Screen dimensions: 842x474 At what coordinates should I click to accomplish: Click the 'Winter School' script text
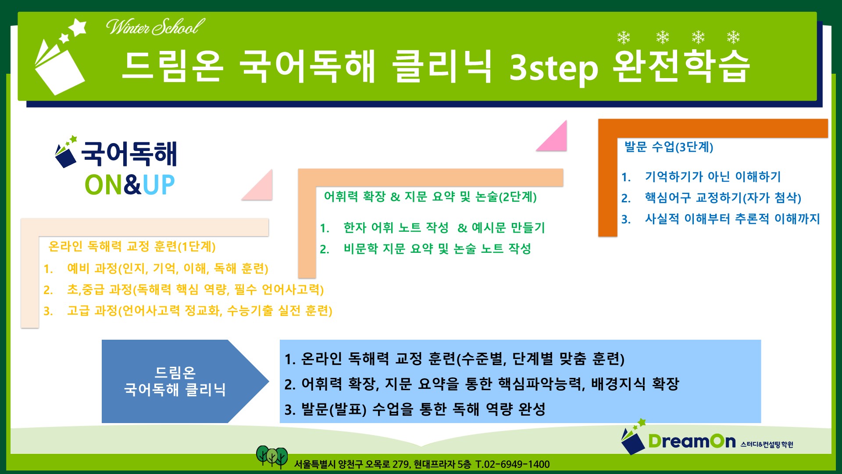(x=155, y=27)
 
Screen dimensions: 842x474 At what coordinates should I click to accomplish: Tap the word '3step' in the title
(x=553, y=68)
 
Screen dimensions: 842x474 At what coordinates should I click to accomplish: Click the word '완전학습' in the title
(x=681, y=66)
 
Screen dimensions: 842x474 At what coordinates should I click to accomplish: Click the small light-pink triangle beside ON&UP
(x=257, y=185)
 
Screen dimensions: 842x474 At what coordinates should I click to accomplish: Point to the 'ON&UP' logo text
(x=130, y=185)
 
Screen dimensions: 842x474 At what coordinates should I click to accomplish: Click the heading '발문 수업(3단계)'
(x=669, y=147)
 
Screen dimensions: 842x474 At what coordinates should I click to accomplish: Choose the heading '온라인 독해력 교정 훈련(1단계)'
(x=132, y=246)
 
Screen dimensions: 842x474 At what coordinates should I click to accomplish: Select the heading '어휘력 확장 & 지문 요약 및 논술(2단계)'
(x=430, y=197)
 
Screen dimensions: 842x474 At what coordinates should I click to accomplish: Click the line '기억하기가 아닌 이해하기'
(x=713, y=176)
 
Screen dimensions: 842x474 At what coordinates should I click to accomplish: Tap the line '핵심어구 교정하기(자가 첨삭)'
(x=723, y=197)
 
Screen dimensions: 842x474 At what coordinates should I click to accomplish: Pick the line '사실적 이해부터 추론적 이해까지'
(x=732, y=219)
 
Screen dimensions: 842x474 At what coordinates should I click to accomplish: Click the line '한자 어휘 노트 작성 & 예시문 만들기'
(x=444, y=227)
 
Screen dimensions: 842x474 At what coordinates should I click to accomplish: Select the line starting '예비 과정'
(x=168, y=268)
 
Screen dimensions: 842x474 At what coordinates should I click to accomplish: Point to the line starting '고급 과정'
(x=200, y=311)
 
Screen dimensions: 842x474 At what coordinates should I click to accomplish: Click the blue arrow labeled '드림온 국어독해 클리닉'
(x=185, y=381)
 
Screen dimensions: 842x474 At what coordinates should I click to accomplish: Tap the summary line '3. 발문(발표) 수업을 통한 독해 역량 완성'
(x=415, y=409)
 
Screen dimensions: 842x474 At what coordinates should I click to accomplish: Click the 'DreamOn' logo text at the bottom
(x=692, y=441)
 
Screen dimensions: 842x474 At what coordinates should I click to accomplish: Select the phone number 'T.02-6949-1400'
(x=512, y=464)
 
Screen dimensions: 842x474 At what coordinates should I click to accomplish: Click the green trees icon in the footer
(x=272, y=457)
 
